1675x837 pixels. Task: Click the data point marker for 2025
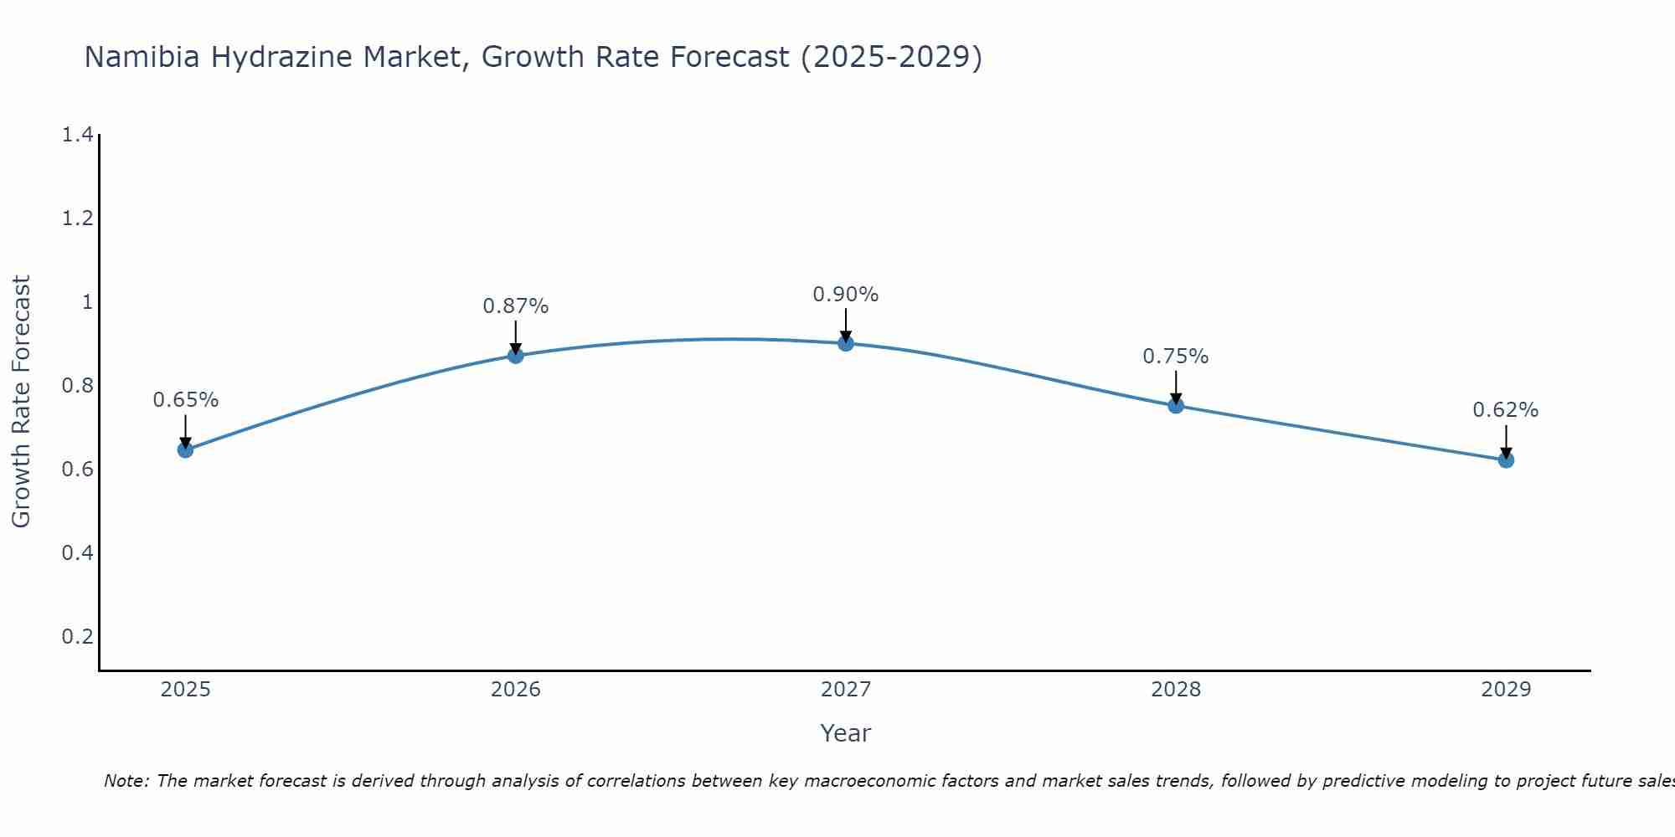point(185,449)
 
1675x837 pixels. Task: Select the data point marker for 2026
point(515,356)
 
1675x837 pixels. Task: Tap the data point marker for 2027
point(845,343)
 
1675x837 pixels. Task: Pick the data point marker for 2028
point(1175,406)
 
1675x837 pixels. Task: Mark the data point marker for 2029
point(1505,460)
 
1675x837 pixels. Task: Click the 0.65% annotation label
point(185,400)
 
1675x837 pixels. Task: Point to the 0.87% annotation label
point(515,306)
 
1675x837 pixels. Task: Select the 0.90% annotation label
point(845,295)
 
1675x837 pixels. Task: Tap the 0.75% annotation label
point(1175,357)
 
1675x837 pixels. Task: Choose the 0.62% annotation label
point(1505,410)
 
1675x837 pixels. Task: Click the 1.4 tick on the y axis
point(77,135)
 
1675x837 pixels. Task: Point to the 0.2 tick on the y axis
point(77,637)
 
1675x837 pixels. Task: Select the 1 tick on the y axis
point(86,302)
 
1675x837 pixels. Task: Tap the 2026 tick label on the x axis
point(515,690)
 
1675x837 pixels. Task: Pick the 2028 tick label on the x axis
point(1175,690)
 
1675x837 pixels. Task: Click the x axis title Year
point(845,733)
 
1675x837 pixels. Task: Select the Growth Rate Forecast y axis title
point(21,402)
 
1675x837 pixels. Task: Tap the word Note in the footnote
point(125,781)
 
